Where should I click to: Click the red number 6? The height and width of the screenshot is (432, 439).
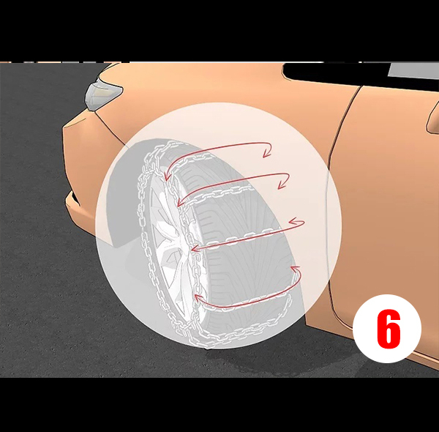[x=389, y=329]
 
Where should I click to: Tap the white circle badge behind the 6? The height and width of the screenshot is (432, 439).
[x=387, y=329]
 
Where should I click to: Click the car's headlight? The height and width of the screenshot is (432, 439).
[x=103, y=94]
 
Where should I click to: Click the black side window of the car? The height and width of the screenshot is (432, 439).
[x=336, y=72]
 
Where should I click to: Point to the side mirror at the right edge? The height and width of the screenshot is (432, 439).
[x=433, y=117]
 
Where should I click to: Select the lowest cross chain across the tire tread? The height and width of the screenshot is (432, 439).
[x=247, y=302]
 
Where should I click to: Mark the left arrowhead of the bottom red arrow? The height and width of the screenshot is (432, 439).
[x=198, y=297]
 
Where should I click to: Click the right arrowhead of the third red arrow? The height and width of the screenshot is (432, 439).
[x=297, y=222]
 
